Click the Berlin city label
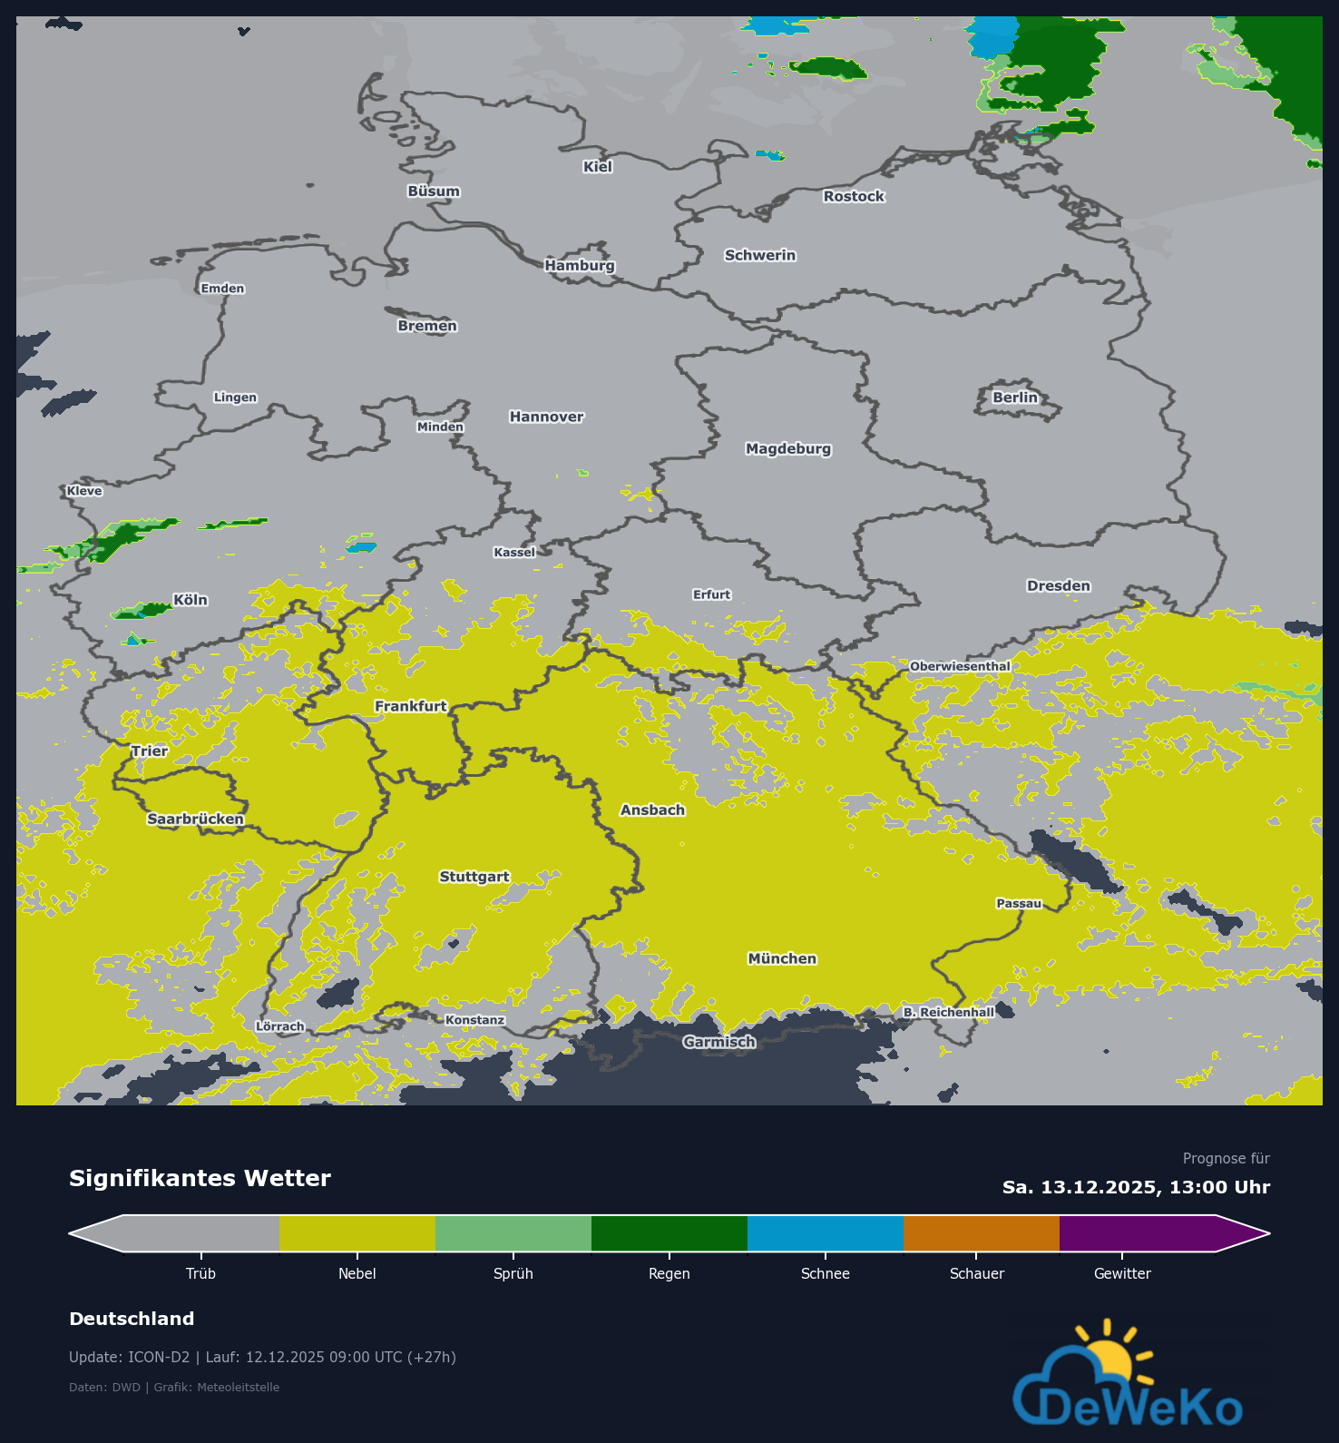click(x=1014, y=398)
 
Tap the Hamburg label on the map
click(x=580, y=265)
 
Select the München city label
click(x=782, y=958)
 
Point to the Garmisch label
click(x=719, y=1042)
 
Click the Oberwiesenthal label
click(x=960, y=666)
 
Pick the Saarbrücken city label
click(x=195, y=819)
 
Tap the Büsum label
click(x=434, y=191)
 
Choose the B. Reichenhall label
click(x=949, y=1012)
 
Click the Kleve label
click(x=84, y=491)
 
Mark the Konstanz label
click(x=474, y=1020)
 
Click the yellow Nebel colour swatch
click(x=357, y=1233)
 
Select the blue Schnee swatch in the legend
click(x=825, y=1233)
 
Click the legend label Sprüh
click(x=513, y=1273)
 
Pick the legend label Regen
click(x=669, y=1273)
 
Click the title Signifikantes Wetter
click(x=200, y=1178)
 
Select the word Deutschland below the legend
click(x=132, y=1319)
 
